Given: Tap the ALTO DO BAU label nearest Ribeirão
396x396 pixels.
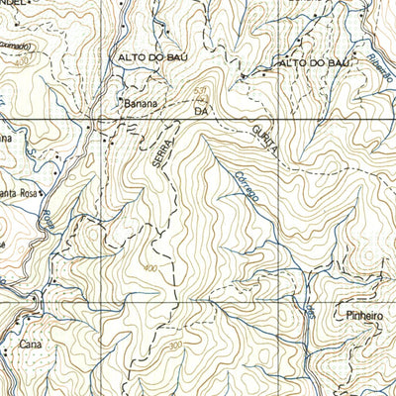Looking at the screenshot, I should pos(315,63).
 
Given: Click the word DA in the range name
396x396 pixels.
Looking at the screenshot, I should pos(201,113).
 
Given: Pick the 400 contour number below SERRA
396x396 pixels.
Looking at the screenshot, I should pos(149,268).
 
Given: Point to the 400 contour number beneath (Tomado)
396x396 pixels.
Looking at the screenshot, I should pos(21,61).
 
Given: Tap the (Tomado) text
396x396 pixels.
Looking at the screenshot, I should pos(12,46).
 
